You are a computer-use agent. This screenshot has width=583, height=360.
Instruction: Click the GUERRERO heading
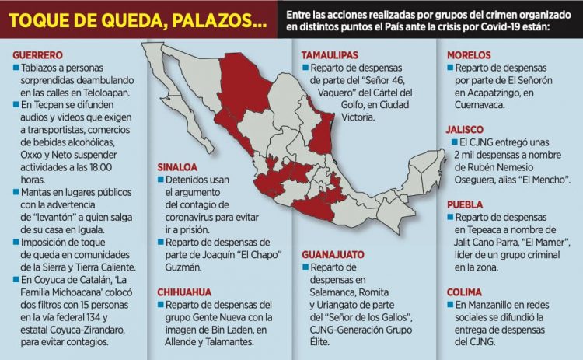point(37,55)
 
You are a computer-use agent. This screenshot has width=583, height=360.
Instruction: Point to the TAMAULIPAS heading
point(330,55)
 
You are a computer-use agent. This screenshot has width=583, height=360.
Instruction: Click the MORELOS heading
point(469,55)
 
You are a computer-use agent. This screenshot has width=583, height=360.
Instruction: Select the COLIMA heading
point(463,291)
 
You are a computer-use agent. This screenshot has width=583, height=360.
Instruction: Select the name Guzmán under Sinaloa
point(179,267)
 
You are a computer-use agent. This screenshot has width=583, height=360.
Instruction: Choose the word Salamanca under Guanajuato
point(326,292)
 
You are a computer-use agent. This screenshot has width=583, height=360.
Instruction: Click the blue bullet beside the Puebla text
point(450,218)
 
